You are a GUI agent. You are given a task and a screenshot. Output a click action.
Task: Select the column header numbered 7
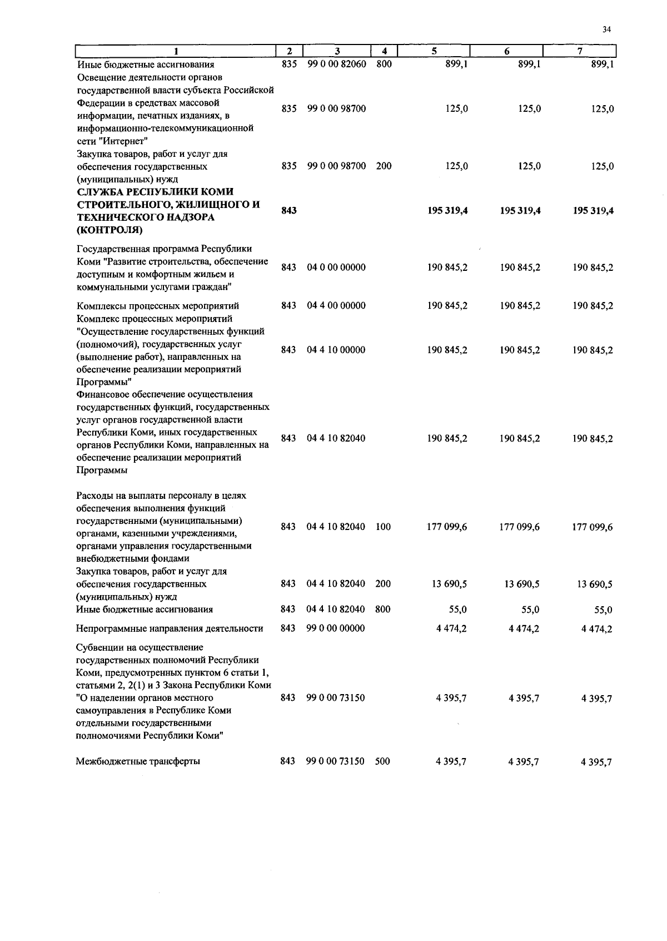coord(580,51)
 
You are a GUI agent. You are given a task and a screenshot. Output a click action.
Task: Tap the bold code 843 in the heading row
coord(288,211)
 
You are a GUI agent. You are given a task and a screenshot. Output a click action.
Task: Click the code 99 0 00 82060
coord(336,64)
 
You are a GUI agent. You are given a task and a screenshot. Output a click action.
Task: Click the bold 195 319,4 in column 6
coord(520,211)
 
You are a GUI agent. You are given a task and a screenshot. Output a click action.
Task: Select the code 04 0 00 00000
coord(336,268)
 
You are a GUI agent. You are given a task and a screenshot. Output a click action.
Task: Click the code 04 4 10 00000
coord(336,350)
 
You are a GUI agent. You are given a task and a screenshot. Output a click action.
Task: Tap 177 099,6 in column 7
coord(593,527)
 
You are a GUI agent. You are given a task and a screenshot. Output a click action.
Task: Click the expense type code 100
coord(383,527)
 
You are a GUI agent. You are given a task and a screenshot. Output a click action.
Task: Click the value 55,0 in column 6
coord(530,610)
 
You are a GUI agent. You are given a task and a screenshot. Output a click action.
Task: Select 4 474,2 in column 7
coord(596,629)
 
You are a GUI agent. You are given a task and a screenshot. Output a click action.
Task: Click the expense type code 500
coord(382,761)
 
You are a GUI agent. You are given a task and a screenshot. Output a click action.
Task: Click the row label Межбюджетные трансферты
coord(138,761)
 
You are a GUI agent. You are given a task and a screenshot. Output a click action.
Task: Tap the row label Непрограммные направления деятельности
coord(170,628)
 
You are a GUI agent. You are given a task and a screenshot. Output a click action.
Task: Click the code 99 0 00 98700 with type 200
coord(336,166)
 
